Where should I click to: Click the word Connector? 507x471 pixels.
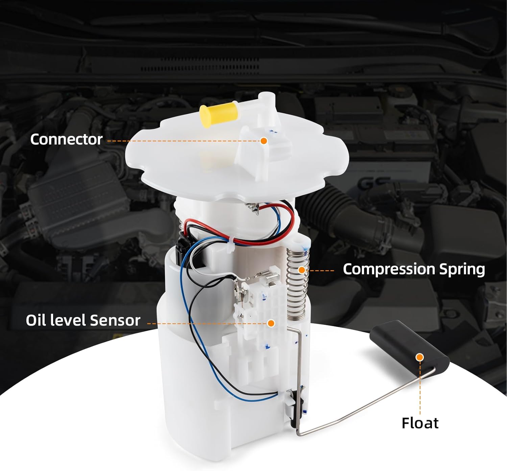click(x=66, y=139)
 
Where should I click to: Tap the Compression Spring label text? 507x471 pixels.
click(x=414, y=269)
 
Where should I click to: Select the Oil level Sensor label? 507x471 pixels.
click(x=83, y=320)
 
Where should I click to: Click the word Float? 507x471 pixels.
click(x=420, y=423)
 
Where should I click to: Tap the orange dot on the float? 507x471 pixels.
click(x=420, y=357)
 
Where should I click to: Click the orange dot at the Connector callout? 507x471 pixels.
click(x=264, y=140)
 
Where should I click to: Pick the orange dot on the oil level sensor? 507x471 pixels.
click(x=271, y=323)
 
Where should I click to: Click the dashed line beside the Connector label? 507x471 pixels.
click(x=183, y=141)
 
